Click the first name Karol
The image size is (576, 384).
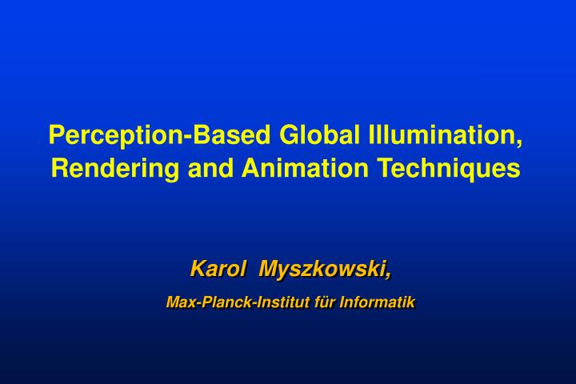[x=216, y=270]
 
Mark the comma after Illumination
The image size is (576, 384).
[x=522, y=142]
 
